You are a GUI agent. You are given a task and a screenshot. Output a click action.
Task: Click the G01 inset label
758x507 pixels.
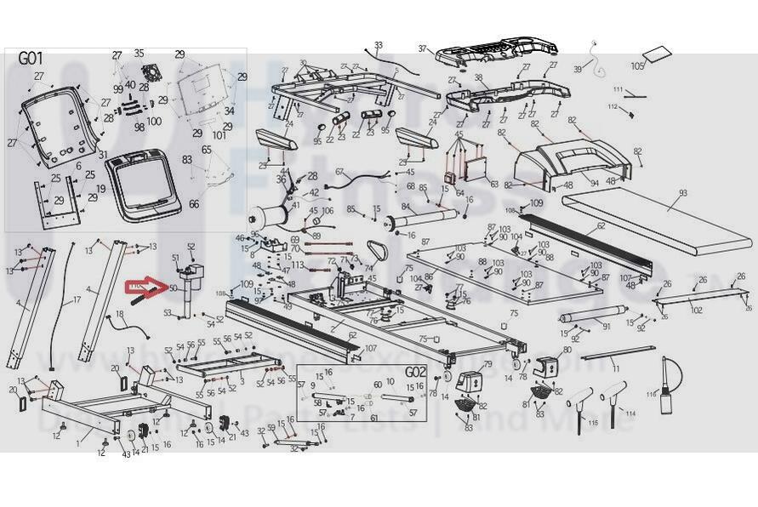pos(31,60)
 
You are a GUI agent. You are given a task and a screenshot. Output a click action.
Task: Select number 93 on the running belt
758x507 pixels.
pos(681,194)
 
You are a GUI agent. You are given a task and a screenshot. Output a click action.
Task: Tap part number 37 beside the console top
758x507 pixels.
pos(422,49)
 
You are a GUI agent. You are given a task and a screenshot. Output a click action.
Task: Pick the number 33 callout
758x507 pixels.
pos(379,44)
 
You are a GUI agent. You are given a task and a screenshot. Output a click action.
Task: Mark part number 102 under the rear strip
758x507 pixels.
pos(696,310)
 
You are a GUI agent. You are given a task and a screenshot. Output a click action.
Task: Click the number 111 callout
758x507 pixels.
pos(618,90)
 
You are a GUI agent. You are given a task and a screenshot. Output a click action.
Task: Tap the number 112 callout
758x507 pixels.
pos(612,106)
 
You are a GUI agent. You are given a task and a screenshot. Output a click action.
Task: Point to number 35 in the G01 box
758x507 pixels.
pos(139,54)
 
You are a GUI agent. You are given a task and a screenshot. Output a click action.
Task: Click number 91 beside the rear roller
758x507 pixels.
pos(607,327)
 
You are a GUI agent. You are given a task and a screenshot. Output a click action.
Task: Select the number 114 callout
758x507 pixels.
pos(630,413)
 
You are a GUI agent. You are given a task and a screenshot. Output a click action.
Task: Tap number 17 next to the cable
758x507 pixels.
pos(77,299)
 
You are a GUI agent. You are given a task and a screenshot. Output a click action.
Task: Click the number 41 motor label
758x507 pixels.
pos(295,205)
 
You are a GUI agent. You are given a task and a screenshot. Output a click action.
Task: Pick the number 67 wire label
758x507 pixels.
pos(339,172)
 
